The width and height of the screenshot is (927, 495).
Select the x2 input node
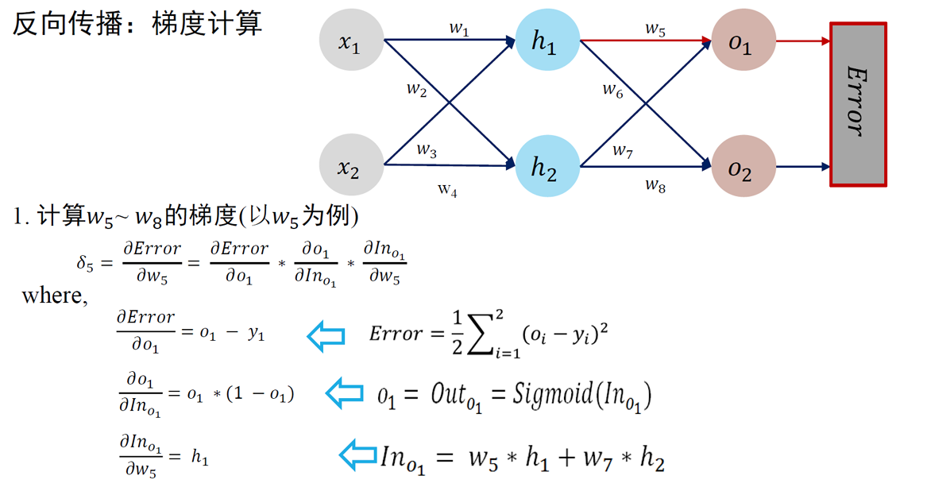(350, 166)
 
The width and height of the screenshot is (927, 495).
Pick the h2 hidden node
(546, 166)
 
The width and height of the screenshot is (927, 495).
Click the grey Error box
(858, 104)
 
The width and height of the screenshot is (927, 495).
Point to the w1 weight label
(459, 29)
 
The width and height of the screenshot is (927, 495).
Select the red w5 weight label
(655, 29)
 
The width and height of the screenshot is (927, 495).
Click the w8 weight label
(655, 185)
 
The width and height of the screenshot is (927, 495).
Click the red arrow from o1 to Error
(802, 41)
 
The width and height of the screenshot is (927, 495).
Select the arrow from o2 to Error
(802, 167)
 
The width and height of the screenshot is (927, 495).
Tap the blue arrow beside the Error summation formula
(326, 336)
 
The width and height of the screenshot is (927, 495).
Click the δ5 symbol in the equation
(85, 263)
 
